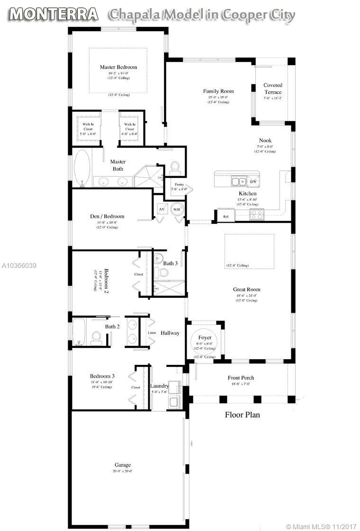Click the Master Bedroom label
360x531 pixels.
118,67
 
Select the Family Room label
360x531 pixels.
218,91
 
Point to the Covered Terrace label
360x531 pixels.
273,88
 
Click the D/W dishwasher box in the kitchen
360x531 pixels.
253,181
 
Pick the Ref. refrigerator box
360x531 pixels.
226,216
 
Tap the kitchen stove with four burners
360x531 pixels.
256,214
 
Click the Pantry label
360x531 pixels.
179,184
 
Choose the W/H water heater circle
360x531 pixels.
177,210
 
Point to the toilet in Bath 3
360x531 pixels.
163,272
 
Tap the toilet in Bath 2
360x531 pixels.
97,336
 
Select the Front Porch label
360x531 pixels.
241,378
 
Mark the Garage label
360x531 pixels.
122,465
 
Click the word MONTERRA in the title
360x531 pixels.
54,14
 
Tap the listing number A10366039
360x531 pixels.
18,265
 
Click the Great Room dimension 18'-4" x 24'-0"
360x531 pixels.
246,295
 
